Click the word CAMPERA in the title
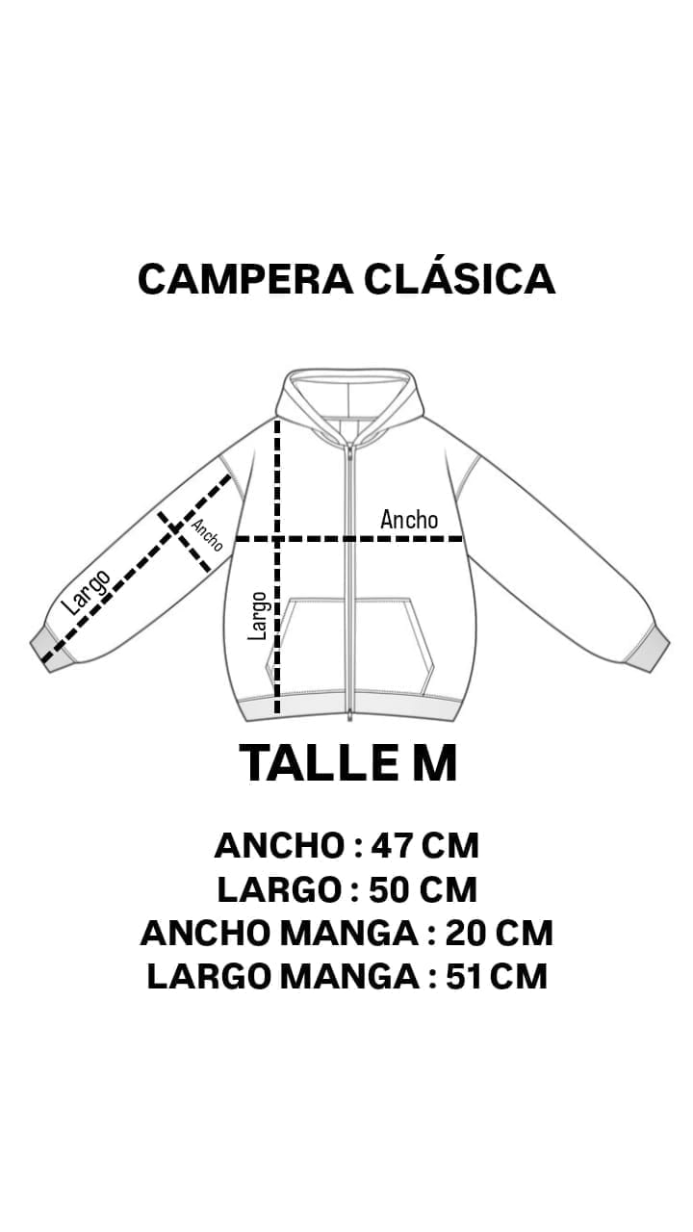tap(245, 279)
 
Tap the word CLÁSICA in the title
tap(459, 279)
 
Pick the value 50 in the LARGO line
tap(393, 889)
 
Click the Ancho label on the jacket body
tap(409, 520)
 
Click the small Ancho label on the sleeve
tap(207, 535)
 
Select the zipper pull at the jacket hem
tap(350, 714)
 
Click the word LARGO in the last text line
tap(209, 976)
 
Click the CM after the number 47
tap(450, 846)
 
